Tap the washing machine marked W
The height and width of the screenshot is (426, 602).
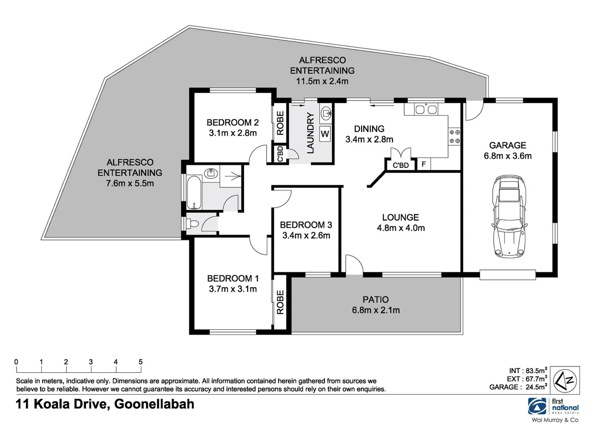point(325,134)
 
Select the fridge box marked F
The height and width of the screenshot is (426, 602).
point(423,164)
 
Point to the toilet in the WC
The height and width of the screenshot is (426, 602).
point(193,224)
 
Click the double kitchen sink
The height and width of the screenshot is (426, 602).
point(426,109)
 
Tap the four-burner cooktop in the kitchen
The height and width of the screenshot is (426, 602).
point(455,136)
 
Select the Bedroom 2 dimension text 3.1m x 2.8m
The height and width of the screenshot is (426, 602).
point(233,133)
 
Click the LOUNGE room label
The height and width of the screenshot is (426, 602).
point(400,217)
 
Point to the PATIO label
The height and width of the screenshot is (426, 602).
point(376,300)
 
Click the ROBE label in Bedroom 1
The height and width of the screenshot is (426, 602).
point(280,302)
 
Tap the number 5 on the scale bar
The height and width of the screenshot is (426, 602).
point(140,362)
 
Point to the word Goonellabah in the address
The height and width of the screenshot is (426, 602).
point(154,404)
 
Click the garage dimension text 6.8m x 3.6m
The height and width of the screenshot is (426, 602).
point(507,156)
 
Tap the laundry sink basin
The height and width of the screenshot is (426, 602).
point(326,113)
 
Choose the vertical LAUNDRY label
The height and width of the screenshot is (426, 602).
point(310,133)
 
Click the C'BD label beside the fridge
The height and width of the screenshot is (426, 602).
point(401,165)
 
